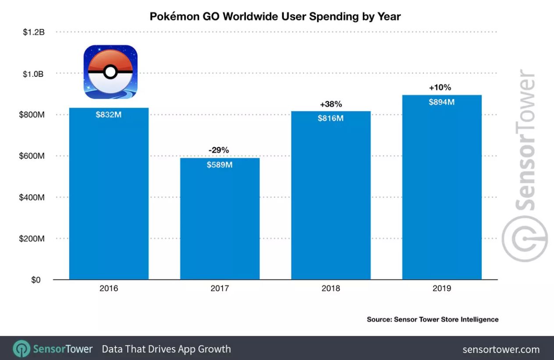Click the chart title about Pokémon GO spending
[x=275, y=17]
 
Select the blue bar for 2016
[x=109, y=197]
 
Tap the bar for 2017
[x=220, y=223]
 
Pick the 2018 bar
[x=331, y=201]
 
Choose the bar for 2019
[x=442, y=193]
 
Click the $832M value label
[x=109, y=115]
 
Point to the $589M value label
[x=220, y=165]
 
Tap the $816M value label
[x=331, y=118]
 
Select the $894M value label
[x=442, y=102]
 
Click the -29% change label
[x=219, y=150]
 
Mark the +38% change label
[x=331, y=104]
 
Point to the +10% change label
[x=440, y=88]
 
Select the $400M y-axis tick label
[x=32, y=198]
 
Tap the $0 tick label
[x=36, y=280]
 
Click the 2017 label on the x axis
[x=220, y=289]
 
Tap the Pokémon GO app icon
[x=110, y=71]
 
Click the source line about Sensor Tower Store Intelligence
[x=433, y=319]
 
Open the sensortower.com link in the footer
[x=501, y=349]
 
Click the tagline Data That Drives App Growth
[x=166, y=349]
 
